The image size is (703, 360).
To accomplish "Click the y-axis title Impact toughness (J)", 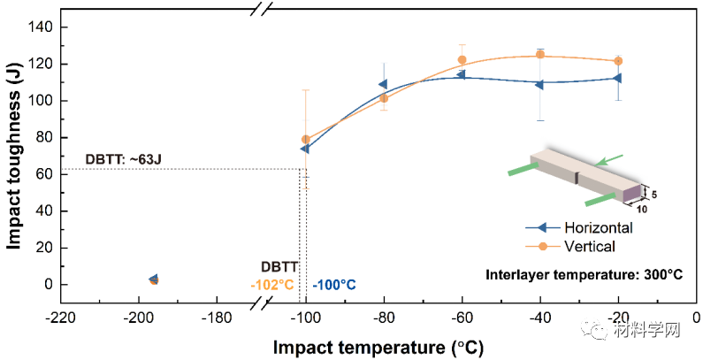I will pos(15,158).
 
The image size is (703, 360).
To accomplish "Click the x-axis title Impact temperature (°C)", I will pos(378,347).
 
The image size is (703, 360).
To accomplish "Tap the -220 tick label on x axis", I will pos(59,317).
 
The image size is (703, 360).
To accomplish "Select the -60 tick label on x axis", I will pos(461,317).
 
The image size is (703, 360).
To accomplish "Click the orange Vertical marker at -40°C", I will pos(540,55).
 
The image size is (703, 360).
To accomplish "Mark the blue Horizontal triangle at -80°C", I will pos(383,85).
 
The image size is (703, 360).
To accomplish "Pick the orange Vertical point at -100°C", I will pos(306,140).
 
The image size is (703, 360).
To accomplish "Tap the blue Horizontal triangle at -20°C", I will pos(617,78).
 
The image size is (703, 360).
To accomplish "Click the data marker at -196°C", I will pos(154,280).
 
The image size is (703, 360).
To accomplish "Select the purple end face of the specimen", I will pos(632,192).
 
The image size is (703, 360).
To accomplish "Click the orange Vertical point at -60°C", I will pos(462,60).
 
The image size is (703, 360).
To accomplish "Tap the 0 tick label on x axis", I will pos(695,317).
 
